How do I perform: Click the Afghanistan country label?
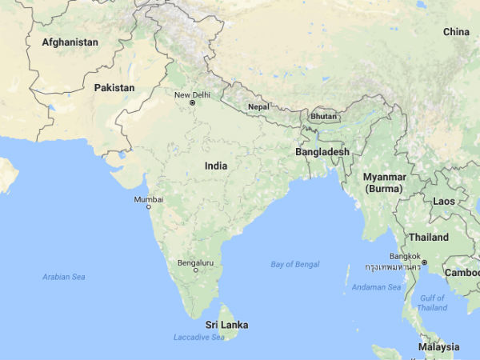pos(70,42)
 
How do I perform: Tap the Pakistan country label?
pos(114,87)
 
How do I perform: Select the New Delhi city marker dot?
pos(192,103)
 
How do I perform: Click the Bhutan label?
pos(324,116)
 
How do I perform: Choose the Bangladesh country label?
pos(322,151)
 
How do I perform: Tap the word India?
pos(215,166)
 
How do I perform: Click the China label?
pos(456,32)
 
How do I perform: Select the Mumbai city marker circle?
pos(148,206)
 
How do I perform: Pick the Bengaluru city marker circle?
pos(196,270)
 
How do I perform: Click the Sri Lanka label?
pos(226,325)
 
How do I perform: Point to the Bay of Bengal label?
pos(294,264)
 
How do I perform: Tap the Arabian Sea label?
pos(63,277)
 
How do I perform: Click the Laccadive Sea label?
pos(199,338)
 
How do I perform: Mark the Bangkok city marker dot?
pos(425,262)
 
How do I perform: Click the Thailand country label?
pos(429,238)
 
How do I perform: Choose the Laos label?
pos(445,201)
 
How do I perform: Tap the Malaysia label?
pos(438,347)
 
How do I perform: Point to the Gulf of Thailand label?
pos(432,302)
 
